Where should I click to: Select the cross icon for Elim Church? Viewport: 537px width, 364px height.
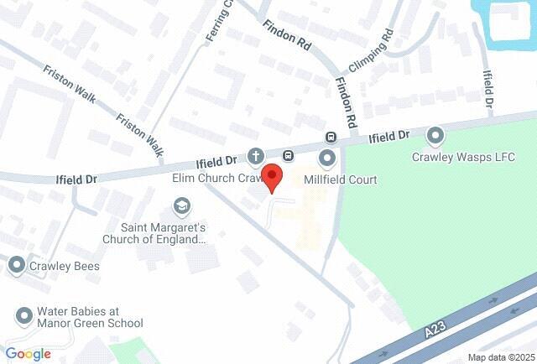coord(255,156)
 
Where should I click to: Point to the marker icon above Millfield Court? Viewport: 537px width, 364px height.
coord(327,157)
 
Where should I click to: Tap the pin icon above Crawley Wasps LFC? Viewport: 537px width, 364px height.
coord(435,134)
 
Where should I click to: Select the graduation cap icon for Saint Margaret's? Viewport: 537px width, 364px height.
coord(181,205)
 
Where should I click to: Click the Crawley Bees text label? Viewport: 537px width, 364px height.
coord(65,267)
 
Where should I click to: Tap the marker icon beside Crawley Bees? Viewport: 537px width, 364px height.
coord(17,267)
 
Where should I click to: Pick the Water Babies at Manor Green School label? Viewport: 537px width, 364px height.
coord(90,316)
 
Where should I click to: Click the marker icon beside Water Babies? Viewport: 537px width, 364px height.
coord(23,316)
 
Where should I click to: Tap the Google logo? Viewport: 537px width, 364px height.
coord(28,354)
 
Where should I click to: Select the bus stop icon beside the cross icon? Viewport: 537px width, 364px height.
coord(288,155)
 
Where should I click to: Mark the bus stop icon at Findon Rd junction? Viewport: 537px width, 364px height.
coord(331,137)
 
